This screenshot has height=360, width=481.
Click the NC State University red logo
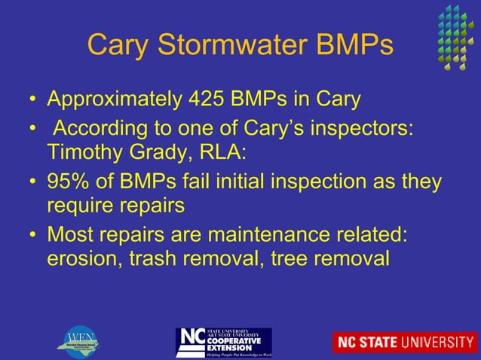pyautogui.click(x=405, y=343)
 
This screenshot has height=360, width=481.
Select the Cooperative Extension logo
pyautogui.click(x=223, y=343)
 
